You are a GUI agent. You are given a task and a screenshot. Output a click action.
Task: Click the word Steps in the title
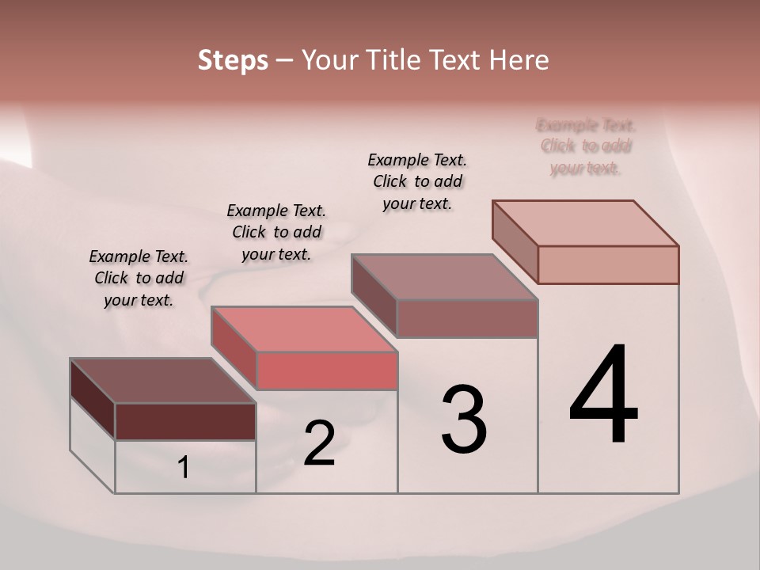233,60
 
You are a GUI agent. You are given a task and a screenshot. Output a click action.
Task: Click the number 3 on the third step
464,420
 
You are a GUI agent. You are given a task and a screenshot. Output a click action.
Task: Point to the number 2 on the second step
319,443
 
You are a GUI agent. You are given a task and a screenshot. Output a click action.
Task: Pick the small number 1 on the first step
184,468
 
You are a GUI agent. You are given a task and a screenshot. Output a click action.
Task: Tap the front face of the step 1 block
185,421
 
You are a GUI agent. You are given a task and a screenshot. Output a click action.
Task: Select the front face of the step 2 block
326,371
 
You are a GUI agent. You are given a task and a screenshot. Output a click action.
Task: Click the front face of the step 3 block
467,318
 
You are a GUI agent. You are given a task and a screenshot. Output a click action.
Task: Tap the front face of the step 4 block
608,264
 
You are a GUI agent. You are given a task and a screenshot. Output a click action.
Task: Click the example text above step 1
139,278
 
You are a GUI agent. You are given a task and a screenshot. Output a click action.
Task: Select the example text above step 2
276,232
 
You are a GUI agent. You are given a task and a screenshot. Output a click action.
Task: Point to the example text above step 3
417,181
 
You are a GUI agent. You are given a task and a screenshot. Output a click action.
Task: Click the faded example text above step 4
586,146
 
